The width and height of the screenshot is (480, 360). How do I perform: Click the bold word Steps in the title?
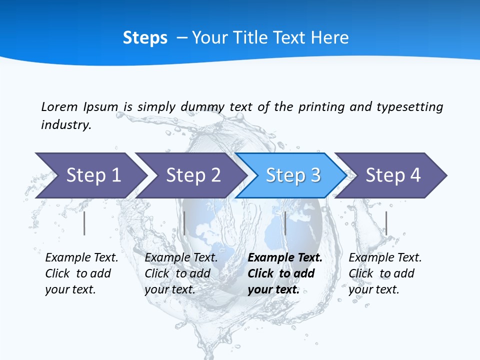pyautogui.click(x=145, y=38)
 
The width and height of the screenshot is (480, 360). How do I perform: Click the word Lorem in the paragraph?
pyautogui.click(x=59, y=106)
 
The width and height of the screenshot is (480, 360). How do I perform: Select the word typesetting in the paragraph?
pyautogui.click(x=409, y=107)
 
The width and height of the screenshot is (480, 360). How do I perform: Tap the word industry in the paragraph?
pyautogui.click(x=65, y=124)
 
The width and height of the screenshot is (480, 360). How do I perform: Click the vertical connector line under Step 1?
pyautogui.click(x=84, y=223)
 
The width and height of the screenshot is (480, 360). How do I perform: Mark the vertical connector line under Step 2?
pyautogui.click(x=184, y=223)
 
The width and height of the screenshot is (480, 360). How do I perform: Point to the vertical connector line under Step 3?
pyautogui.click(x=285, y=223)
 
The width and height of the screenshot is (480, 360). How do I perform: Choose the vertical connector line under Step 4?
pyautogui.click(x=386, y=223)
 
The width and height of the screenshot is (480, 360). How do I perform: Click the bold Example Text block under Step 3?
pyautogui.click(x=284, y=273)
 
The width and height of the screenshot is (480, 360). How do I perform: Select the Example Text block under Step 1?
pyautogui.click(x=81, y=273)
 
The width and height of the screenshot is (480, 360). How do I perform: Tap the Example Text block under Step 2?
pyautogui.click(x=181, y=273)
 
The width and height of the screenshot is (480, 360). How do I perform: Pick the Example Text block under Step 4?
pyautogui.click(x=385, y=273)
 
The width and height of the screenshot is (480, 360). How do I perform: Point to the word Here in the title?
pyautogui.click(x=329, y=38)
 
